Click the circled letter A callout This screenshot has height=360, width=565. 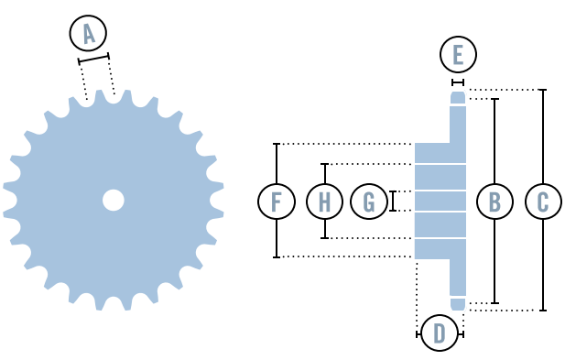coord(88,34)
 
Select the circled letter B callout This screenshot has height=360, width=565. coord(494,201)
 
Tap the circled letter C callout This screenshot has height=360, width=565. coord(543,201)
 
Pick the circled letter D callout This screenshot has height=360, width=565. coord(440,333)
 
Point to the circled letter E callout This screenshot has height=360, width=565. coord(458,55)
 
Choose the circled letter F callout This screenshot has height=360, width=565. coord(277,201)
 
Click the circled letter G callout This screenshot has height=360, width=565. coord(369,201)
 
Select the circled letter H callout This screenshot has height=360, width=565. coord(324,201)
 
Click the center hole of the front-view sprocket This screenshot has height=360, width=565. coord(114,200)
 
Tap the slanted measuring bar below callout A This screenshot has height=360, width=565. coord(93,59)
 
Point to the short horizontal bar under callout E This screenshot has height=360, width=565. coord(458,82)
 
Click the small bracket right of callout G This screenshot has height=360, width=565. coord(393,201)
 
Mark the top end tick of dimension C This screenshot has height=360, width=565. coord(543,90)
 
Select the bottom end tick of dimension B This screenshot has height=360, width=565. coord(494,303)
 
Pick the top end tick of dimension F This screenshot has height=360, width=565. coord(277,144)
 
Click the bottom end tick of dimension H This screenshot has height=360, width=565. coord(324,238)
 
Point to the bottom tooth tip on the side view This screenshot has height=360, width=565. coord(458,304)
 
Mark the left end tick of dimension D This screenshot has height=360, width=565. coord(418,334)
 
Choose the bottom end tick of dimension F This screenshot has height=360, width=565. coord(277,256)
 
